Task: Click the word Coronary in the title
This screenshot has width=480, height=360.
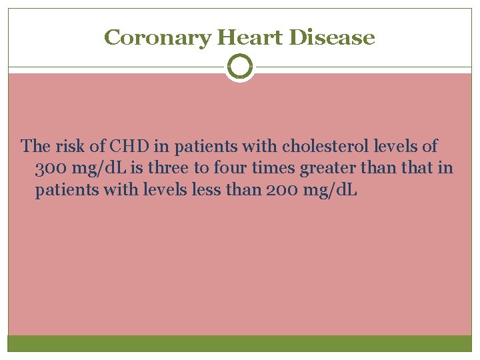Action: point(157,37)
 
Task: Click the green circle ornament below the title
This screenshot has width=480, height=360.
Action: point(240,67)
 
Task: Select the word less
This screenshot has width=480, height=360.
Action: point(206,191)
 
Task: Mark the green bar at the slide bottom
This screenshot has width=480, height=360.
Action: point(240,343)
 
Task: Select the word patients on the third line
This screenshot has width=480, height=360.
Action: point(63,191)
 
